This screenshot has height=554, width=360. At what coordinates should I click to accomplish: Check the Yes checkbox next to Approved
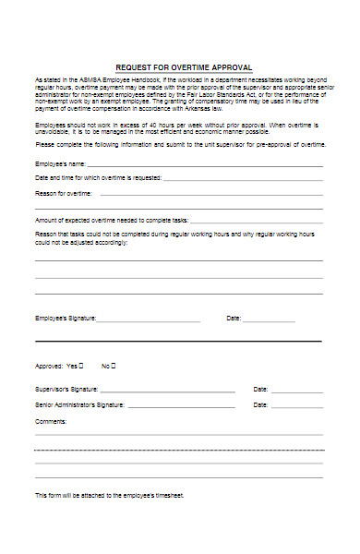[81, 364]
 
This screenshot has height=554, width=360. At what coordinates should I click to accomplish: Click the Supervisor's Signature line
[166, 390]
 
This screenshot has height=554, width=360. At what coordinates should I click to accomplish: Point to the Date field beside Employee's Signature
[269, 319]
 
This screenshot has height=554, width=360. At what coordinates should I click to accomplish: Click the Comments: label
[51, 421]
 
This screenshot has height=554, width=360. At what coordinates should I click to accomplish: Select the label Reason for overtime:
[64, 193]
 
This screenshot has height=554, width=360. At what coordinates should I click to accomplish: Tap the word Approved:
[49, 365]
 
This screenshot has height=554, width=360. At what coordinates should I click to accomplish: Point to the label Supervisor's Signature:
[66, 389]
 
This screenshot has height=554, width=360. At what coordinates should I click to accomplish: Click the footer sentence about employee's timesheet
[109, 495]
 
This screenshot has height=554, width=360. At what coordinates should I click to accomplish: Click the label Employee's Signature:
[65, 319]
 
